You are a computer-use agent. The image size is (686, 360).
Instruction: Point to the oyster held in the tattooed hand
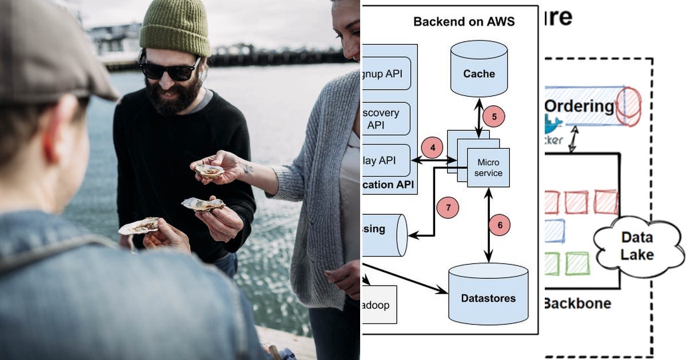coord(209,170)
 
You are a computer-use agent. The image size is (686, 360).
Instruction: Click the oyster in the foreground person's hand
coord(139,226)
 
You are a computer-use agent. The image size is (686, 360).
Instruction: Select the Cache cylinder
coord(479,69)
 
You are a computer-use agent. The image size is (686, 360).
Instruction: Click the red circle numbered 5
coord(494,117)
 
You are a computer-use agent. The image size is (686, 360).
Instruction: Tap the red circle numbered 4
coord(433,148)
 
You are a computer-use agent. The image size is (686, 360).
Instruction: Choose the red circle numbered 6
coord(500,225)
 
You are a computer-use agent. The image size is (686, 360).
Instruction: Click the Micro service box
coord(489,167)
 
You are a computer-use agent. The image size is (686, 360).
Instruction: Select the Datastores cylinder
coord(488,294)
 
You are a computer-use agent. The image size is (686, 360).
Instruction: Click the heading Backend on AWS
coord(464,22)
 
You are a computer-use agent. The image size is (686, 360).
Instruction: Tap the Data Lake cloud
coord(637,246)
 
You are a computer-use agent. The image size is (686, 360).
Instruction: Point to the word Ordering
coord(579,106)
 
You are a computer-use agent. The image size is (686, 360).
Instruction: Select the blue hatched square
coord(554,231)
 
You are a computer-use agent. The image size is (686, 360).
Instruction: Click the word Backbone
coord(577,303)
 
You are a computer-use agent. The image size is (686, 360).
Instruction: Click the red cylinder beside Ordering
coord(628,106)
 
